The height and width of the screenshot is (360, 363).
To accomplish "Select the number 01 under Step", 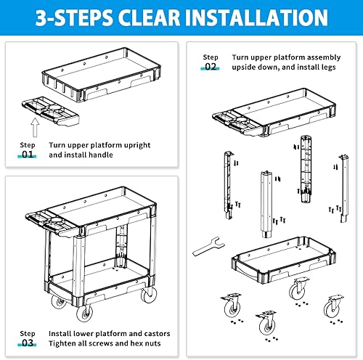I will [27, 155].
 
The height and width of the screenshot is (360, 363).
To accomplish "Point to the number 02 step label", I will [210, 67].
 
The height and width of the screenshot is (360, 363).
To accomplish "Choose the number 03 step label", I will [27, 343].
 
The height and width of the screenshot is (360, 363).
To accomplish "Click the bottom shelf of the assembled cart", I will [109, 279].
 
